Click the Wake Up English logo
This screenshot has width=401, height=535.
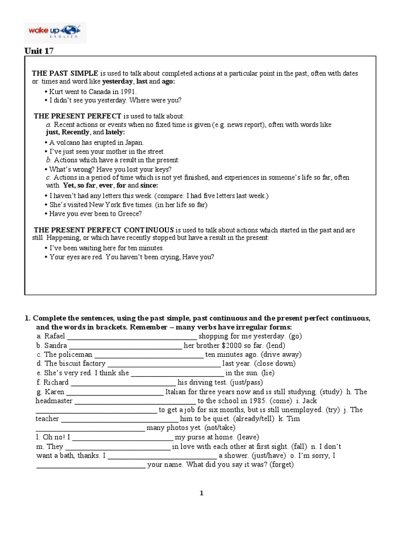[56, 32]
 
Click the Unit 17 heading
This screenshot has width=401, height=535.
[39, 51]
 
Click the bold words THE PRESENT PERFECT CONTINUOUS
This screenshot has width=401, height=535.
[104, 230]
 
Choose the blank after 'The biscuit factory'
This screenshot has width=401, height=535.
[163, 364]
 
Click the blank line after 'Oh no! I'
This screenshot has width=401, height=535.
[121, 437]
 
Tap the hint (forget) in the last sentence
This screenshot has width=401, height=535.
[282, 464]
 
